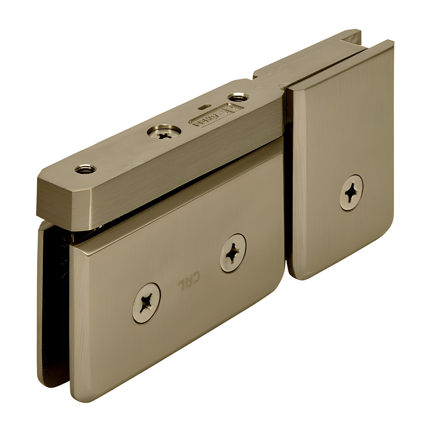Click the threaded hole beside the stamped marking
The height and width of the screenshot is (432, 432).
coord(238,97)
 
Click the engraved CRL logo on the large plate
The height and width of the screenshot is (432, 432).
coord(189,281)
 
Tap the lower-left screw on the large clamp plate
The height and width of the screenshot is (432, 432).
coord(146,303)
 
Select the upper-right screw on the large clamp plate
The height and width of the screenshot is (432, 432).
coord(233,253)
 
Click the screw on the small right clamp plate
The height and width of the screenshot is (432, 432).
coord(351,192)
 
